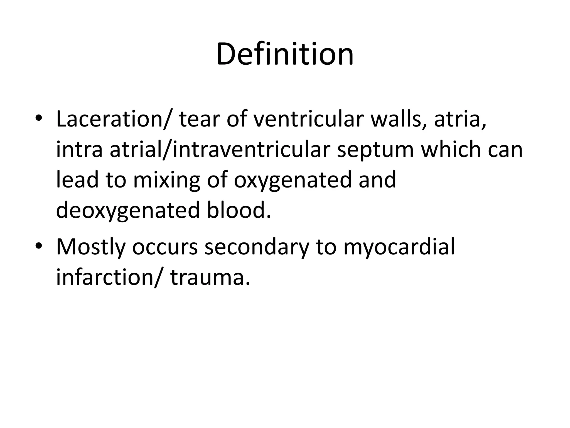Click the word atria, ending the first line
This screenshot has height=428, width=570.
coord(460,119)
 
